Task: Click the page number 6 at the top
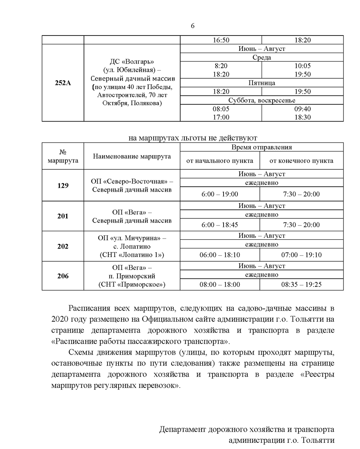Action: (192, 26)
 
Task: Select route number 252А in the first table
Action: (63, 83)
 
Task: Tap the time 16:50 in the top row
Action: (221, 40)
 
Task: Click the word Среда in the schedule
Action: (262, 57)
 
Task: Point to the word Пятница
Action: (262, 83)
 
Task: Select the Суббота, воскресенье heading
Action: (262, 100)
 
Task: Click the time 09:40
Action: (303, 109)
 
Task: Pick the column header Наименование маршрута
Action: (132, 156)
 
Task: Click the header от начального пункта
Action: (220, 161)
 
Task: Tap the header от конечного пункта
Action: (301, 161)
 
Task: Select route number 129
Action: (63, 186)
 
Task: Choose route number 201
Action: (63, 216)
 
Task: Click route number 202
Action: (63, 246)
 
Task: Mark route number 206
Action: (63, 276)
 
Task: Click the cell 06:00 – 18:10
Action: (220, 255)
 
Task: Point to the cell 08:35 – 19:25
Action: (301, 284)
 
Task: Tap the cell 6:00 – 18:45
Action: (220, 225)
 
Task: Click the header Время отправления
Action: (262, 147)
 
